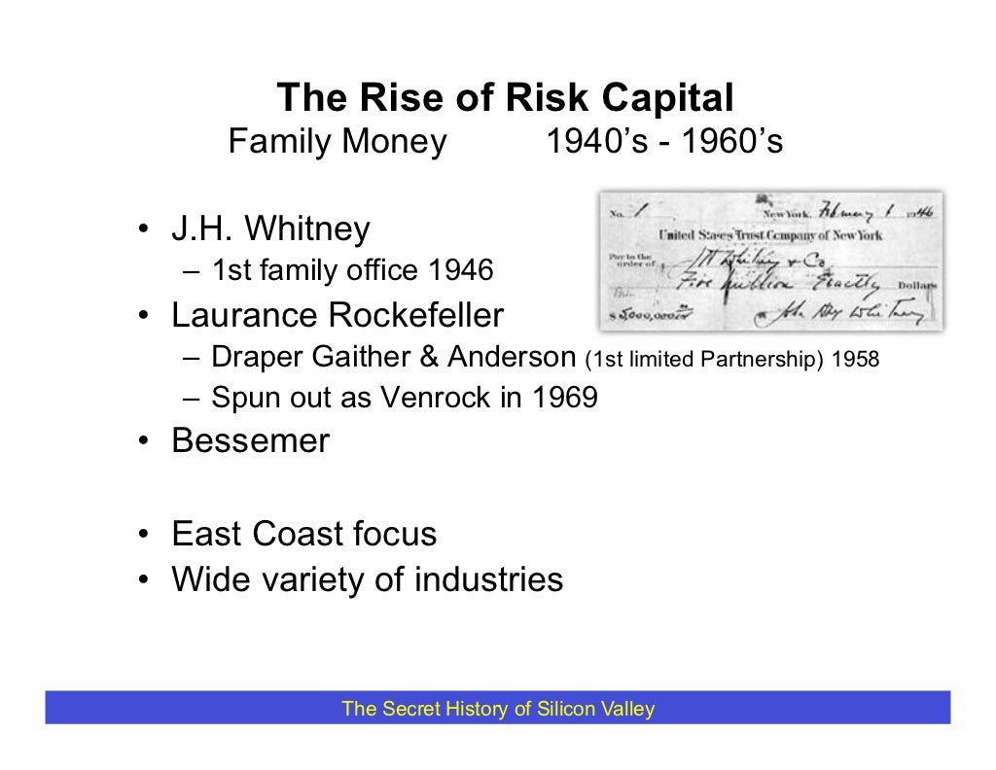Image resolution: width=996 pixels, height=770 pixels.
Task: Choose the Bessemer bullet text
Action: coord(251,441)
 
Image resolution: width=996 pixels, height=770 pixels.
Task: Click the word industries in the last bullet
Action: coord(488,579)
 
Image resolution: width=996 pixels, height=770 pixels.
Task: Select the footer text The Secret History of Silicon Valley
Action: coord(497,709)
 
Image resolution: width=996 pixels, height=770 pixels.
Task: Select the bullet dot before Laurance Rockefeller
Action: coord(142,318)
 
